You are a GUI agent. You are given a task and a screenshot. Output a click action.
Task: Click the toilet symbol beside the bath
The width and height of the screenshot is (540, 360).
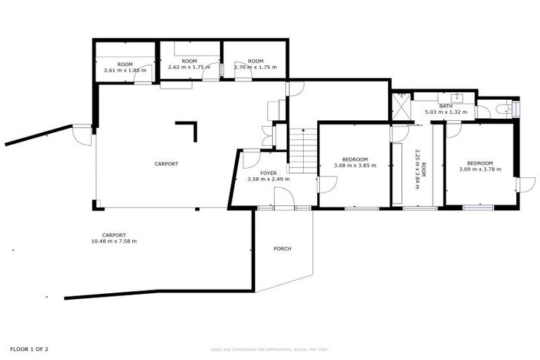(x=503, y=109)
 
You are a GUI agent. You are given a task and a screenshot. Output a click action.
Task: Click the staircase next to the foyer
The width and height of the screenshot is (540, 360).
(x=304, y=151)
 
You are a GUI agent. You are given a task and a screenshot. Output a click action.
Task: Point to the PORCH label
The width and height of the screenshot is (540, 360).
(x=282, y=249)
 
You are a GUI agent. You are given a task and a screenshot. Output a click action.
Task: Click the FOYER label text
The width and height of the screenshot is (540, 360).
(x=269, y=172)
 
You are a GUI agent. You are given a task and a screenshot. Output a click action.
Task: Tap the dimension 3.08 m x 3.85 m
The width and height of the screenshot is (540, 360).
(x=355, y=166)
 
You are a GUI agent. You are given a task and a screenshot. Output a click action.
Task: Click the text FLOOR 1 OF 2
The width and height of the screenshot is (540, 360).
(x=30, y=349)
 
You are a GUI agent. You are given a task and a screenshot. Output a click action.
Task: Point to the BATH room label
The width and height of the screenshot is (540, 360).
(x=446, y=105)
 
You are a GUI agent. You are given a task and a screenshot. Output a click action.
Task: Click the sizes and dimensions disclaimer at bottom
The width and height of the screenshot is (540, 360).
(x=270, y=349)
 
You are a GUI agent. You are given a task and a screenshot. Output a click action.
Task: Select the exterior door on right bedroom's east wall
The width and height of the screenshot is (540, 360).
(x=521, y=184)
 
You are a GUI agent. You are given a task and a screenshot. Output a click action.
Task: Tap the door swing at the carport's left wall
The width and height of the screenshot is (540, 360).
(x=83, y=135)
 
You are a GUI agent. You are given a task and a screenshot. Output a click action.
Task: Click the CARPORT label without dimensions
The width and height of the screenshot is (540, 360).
(x=167, y=164)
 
